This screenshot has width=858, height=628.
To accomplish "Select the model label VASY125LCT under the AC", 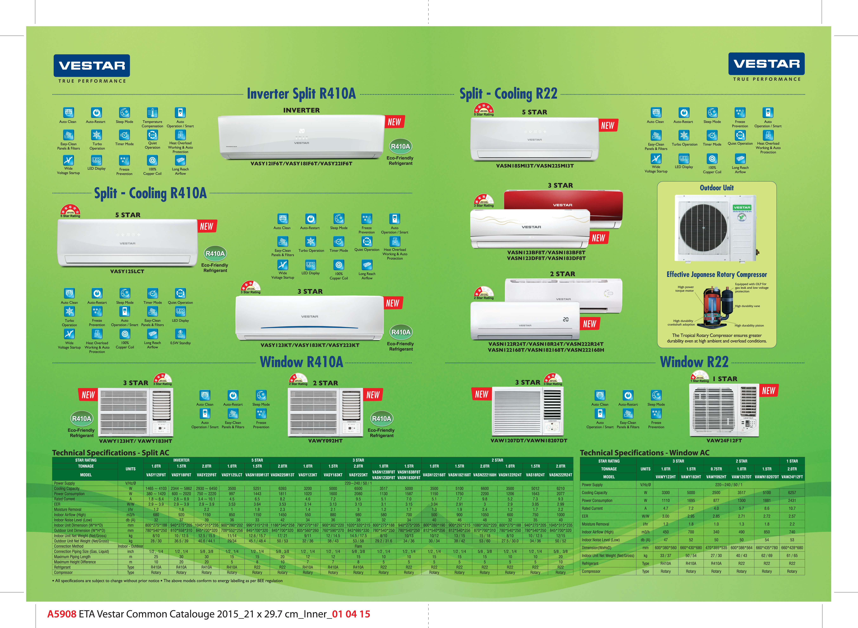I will [127, 271].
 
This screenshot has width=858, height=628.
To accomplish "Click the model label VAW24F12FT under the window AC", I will [724, 441].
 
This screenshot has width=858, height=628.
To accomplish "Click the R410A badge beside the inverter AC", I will [400, 146].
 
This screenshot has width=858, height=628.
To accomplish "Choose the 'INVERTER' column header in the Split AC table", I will [181, 460].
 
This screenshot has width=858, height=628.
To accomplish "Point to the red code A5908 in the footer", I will [62, 614].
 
